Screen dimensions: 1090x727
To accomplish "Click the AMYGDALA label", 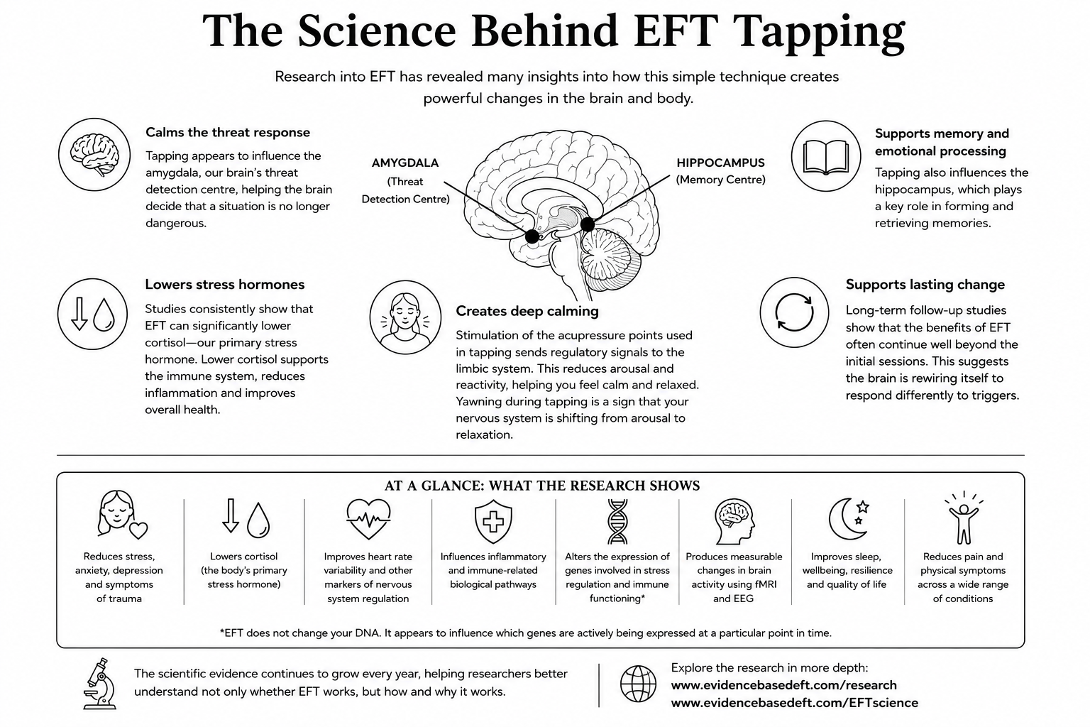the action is [x=405, y=163].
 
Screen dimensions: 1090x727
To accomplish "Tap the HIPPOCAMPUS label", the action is [x=721, y=163].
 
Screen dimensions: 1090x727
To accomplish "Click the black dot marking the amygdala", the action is [x=532, y=236].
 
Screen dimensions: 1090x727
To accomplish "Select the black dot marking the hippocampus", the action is [x=588, y=224].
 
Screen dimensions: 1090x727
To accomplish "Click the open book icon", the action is [x=826, y=157].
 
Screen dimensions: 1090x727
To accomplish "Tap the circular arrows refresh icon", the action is [x=794, y=312].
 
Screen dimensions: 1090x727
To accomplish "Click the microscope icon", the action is [x=100, y=684].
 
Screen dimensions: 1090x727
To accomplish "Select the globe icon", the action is [x=638, y=684].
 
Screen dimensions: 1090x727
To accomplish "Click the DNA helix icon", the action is [x=617, y=521].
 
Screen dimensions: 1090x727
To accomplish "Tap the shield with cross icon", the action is [x=493, y=522].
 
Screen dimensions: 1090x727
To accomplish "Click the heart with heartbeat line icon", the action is [x=368, y=520].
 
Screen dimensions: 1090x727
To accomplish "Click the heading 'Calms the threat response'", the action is [x=228, y=133].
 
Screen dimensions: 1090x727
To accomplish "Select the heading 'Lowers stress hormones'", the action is [x=225, y=285].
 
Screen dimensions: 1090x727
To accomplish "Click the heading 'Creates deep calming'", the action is [x=527, y=311].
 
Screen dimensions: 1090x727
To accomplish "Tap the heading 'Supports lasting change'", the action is [x=925, y=285].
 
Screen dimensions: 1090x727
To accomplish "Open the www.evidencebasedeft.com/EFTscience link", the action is [x=795, y=703].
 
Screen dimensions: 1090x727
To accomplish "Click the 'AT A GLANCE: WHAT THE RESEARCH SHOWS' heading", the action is [x=542, y=486].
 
